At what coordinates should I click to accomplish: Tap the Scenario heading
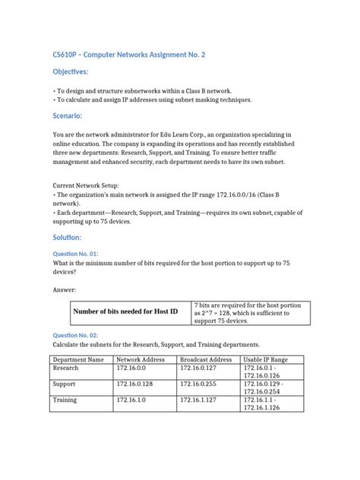point(67,116)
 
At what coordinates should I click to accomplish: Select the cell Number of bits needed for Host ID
point(125,311)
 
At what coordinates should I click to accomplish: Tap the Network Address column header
point(143,359)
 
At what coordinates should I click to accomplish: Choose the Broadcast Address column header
point(206,359)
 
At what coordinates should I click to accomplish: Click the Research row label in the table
point(65,368)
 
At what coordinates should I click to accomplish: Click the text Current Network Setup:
point(85,185)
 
